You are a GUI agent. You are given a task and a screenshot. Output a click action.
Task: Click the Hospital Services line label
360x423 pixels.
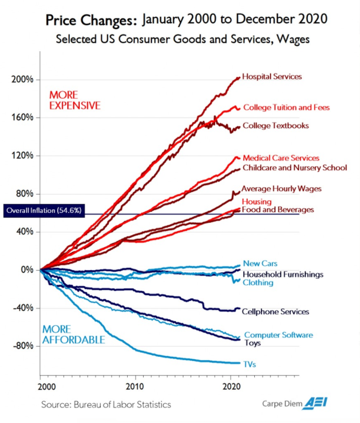click(272, 77)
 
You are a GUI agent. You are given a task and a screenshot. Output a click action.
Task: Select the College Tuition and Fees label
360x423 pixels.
click(286, 107)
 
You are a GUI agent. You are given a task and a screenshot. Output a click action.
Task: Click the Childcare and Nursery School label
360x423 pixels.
click(294, 167)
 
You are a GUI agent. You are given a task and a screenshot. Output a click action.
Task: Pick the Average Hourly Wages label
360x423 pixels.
click(281, 189)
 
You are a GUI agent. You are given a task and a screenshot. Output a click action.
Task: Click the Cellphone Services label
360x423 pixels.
click(276, 312)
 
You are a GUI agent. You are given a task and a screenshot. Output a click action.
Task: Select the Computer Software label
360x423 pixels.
click(279, 335)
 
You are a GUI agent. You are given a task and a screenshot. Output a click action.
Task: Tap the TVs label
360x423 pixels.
click(250, 365)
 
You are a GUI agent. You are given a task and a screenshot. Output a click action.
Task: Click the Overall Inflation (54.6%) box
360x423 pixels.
click(43, 211)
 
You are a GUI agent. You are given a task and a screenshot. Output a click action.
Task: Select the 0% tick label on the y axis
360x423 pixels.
click(27, 270)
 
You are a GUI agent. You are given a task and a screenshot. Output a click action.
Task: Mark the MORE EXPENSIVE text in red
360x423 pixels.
click(75, 100)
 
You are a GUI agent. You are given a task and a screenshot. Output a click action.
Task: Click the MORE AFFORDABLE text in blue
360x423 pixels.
click(73, 335)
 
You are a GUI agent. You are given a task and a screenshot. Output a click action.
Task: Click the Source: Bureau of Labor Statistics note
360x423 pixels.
click(106, 404)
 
